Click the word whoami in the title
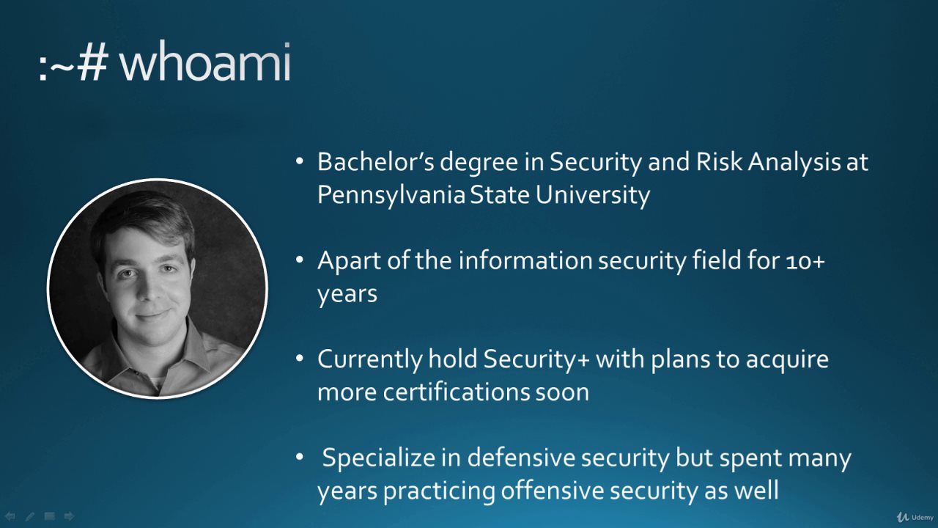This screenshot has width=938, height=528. [x=205, y=62]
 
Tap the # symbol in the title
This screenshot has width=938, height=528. [x=93, y=63]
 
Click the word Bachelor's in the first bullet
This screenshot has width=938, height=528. [x=376, y=162]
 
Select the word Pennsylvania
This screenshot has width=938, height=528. [x=391, y=196]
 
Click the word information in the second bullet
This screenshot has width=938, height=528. [x=525, y=260]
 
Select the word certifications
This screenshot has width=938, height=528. [x=456, y=392]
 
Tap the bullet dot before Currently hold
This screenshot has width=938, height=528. [x=299, y=359]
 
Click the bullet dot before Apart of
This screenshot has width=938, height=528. [x=299, y=260]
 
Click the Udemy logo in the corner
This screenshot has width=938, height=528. [x=915, y=517]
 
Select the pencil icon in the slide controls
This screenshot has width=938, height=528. [x=30, y=516]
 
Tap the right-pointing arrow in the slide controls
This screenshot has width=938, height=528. [x=70, y=516]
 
